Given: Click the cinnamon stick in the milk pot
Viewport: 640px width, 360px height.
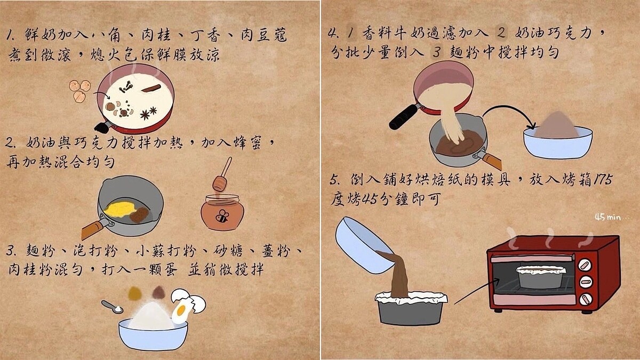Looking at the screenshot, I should click(x=151, y=87).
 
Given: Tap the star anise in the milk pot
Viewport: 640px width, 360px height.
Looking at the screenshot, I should click(x=148, y=113).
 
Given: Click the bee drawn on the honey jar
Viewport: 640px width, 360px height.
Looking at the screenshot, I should click(x=222, y=216).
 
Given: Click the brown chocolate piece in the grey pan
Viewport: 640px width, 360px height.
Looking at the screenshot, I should click(x=140, y=214).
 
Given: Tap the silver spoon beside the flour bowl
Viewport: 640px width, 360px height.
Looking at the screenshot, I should click(x=112, y=307).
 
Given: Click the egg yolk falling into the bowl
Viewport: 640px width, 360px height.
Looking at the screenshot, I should click(x=181, y=310).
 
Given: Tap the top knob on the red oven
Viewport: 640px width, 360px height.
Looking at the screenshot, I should click(x=585, y=265).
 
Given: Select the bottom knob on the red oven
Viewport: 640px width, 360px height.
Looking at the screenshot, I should click(x=585, y=299).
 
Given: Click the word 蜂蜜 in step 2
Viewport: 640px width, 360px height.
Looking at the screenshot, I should click(x=251, y=142).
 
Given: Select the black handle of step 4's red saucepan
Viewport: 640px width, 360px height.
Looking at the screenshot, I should click(x=404, y=117).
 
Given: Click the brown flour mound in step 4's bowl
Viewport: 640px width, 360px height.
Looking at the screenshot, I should click(x=556, y=126).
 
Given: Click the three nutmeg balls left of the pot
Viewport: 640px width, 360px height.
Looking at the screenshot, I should click(x=79, y=90).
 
